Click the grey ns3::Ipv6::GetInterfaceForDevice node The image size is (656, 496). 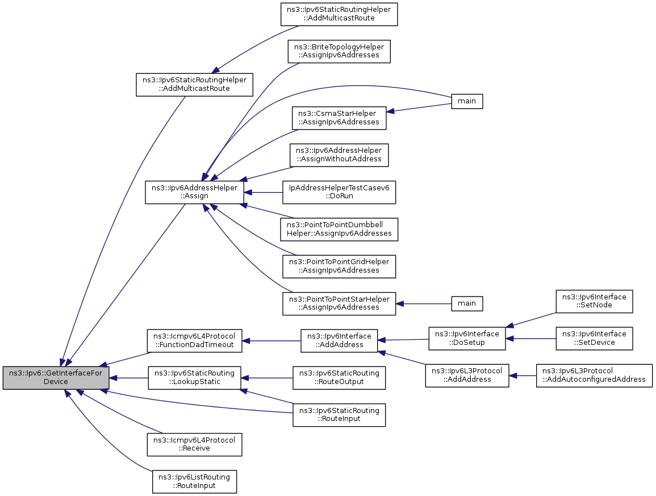[56, 378]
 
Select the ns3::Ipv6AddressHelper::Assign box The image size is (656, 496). [195, 192]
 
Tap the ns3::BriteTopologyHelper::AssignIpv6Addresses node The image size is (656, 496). [339, 52]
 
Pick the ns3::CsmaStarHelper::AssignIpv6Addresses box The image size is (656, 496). [339, 118]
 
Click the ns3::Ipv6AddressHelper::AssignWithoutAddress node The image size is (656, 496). [339, 155]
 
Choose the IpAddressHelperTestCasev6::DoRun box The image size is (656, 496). [339, 192]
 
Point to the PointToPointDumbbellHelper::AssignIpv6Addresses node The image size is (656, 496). [339, 230]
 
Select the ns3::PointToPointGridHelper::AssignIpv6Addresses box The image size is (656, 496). [339, 266]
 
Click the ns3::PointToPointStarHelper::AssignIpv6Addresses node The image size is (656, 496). [339, 303]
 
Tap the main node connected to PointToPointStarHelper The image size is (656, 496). [467, 303]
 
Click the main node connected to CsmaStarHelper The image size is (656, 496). [467, 101]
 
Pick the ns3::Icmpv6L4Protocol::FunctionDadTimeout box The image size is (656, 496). [195, 341]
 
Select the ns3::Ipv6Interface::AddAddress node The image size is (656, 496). [339, 341]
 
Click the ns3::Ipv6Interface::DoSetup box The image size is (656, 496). [467, 339]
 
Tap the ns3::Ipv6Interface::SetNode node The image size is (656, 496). [594, 301]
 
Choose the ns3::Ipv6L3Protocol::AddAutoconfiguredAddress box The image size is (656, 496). [594, 376]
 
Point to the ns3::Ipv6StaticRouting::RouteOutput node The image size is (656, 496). [339, 378]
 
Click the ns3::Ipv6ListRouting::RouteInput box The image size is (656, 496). [195, 482]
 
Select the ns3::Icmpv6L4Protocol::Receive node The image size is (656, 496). [195, 444]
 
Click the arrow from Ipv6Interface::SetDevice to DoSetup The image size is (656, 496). [530, 339]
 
